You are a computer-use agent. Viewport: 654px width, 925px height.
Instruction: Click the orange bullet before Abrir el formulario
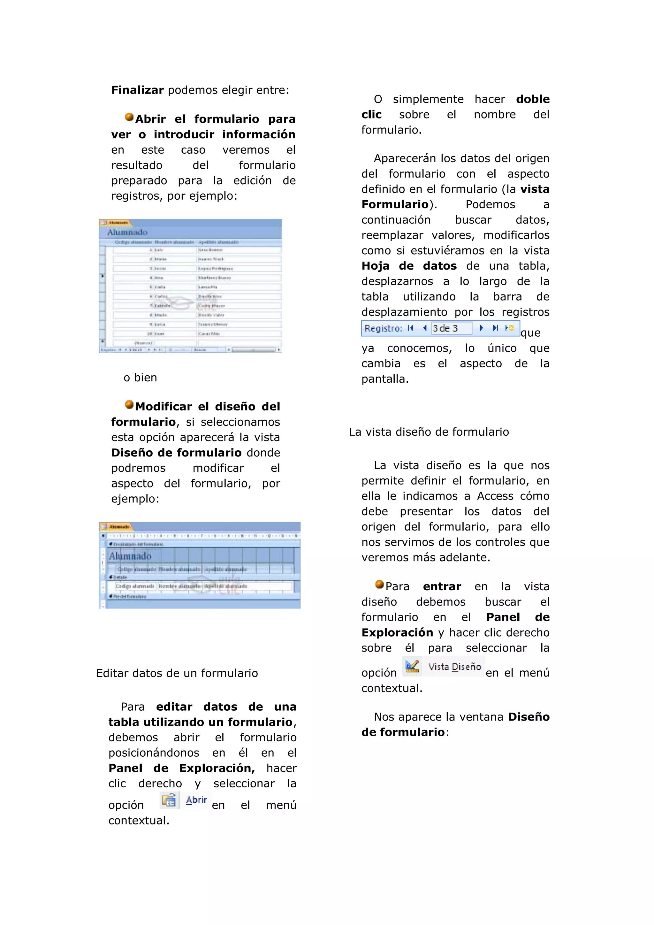pos(129,117)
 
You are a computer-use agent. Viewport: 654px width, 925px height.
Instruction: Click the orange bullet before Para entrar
pos(379,584)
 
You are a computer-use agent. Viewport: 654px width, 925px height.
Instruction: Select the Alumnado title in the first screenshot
pos(127,233)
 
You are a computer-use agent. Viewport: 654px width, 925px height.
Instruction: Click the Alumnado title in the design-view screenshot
pos(130,556)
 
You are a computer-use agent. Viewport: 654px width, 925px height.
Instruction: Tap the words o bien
pos(140,378)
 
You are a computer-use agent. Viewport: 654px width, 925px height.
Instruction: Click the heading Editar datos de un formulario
pos(177,673)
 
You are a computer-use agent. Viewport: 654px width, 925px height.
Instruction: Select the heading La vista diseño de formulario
pos(429,432)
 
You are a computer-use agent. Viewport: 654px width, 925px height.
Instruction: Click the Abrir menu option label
pos(196,800)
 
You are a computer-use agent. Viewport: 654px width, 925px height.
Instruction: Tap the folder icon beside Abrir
pos(169,800)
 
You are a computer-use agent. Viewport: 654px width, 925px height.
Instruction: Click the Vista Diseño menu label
pos(455,667)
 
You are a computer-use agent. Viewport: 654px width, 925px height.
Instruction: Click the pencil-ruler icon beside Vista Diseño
pos(412,666)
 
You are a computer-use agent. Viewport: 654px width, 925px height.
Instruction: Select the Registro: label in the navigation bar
pos(383,328)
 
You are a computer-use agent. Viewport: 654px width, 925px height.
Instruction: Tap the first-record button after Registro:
pos(410,328)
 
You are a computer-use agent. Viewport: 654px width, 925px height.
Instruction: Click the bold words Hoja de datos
pos(409,266)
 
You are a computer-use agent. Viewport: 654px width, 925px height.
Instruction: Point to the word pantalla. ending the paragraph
pos(384,379)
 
